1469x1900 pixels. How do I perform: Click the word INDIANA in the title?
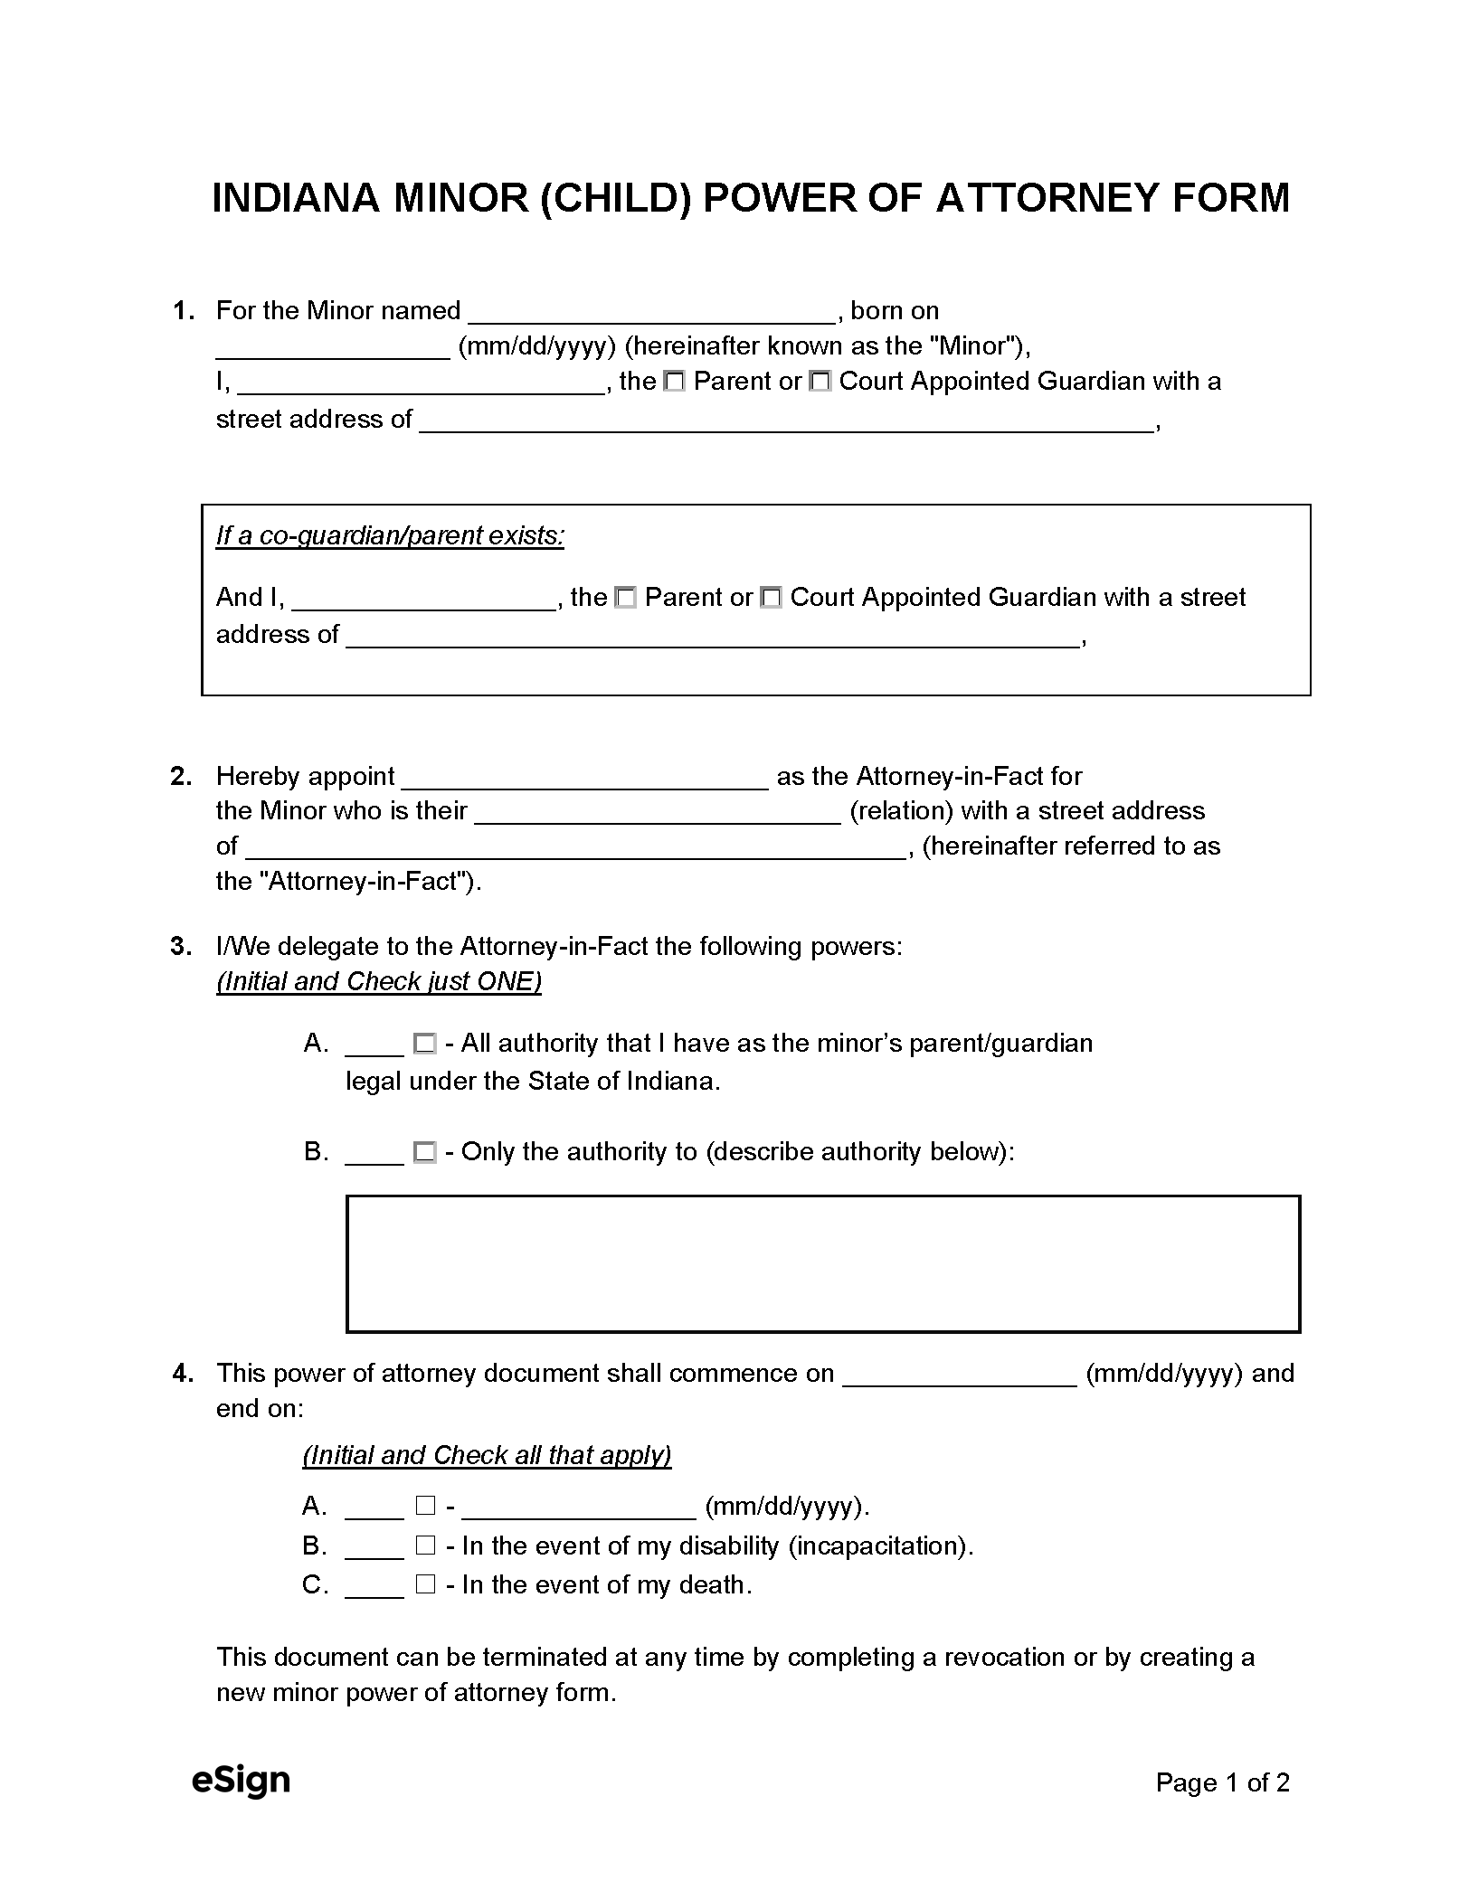[294, 198]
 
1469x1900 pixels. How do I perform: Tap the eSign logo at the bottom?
[241, 1781]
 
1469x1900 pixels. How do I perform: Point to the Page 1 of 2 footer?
[1222, 1782]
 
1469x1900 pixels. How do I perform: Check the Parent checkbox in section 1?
[674, 383]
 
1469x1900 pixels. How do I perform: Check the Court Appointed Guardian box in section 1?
[820, 383]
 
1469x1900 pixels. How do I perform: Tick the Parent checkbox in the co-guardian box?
[625, 599]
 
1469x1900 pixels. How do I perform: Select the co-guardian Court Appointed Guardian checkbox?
[771, 599]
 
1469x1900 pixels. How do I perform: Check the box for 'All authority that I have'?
[424, 1045]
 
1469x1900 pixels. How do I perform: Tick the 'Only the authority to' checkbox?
[424, 1153]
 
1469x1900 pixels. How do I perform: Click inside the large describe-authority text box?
[822, 1264]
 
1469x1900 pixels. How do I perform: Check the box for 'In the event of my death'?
[425, 1584]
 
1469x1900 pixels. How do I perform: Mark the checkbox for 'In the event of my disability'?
[425, 1546]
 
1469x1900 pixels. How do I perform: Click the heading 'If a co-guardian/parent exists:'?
[390, 536]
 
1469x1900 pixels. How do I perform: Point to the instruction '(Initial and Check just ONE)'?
[378, 982]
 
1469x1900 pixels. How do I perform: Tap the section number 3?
[181, 947]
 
